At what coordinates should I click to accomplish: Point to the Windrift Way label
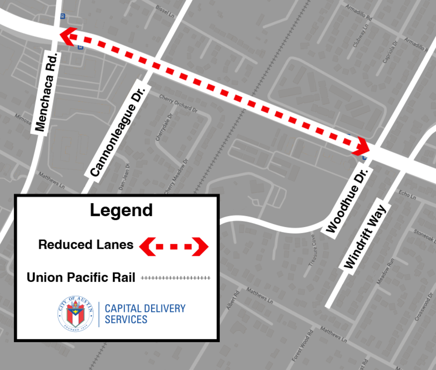[366, 236]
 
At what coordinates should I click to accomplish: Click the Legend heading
[121, 210]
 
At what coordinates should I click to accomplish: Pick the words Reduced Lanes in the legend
[86, 245]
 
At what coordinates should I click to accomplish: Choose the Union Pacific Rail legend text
[81, 277]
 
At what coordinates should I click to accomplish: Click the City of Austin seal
[75, 313]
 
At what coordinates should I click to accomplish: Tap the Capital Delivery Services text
[145, 314]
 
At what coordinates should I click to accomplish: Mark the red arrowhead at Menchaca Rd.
[67, 37]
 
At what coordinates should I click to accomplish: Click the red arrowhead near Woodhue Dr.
[361, 145]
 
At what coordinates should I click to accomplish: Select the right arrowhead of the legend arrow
[201, 247]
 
